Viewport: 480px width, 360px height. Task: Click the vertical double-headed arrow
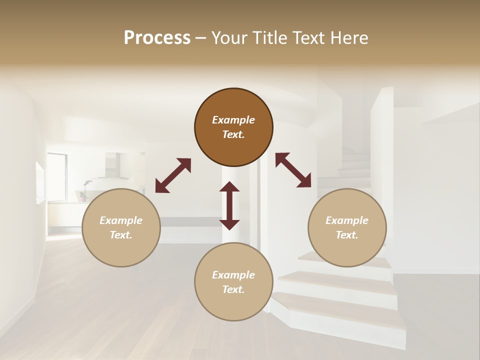(x=229, y=205)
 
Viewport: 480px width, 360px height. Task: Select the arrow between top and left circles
(x=173, y=175)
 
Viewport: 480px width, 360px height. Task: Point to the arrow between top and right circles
(x=293, y=170)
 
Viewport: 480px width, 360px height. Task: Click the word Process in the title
(x=157, y=37)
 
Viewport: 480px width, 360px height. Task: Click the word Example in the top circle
(x=233, y=120)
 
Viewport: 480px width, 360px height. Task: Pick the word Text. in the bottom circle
(x=233, y=289)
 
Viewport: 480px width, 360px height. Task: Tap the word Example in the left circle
(x=121, y=220)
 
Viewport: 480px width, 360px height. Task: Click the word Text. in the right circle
(x=347, y=235)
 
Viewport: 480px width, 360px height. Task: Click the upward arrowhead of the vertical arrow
(x=229, y=186)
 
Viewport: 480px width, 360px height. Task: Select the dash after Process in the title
(x=200, y=38)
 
